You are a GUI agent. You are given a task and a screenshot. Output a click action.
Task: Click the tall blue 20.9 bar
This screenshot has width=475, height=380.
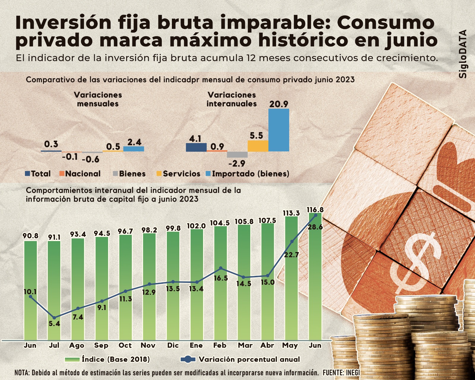pos(278,130)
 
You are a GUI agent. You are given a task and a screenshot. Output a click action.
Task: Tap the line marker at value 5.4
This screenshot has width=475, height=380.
pos(54,318)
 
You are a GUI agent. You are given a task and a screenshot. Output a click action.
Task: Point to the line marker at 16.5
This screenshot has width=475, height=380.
pos(221,268)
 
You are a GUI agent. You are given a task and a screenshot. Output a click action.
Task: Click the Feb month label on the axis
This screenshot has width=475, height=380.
pos(220,346)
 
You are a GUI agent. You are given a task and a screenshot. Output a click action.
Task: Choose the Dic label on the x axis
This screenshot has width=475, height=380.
pos(173,346)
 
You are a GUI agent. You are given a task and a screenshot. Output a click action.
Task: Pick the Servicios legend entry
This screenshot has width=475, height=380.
pos(178,174)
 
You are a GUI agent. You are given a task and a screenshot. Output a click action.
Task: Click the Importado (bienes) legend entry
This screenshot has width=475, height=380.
pos(248,174)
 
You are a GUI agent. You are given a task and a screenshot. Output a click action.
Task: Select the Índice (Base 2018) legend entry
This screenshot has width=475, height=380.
pos(107,360)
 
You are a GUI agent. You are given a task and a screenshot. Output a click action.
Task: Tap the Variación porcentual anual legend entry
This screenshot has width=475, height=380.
pos(240,360)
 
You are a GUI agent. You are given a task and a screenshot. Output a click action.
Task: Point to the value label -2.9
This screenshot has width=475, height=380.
pos(237,163)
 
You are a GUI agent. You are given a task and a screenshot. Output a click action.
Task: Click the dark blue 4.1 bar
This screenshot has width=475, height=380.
pos(196,147)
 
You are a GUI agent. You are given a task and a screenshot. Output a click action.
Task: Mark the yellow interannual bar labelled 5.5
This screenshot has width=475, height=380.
pos(258,146)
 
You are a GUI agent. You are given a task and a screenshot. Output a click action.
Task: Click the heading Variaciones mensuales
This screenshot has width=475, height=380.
pos(98,99)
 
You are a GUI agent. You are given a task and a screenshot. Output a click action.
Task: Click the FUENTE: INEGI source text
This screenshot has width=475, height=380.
pos(341,372)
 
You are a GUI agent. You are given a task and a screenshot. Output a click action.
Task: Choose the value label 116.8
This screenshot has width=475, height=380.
pos(315,210)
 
